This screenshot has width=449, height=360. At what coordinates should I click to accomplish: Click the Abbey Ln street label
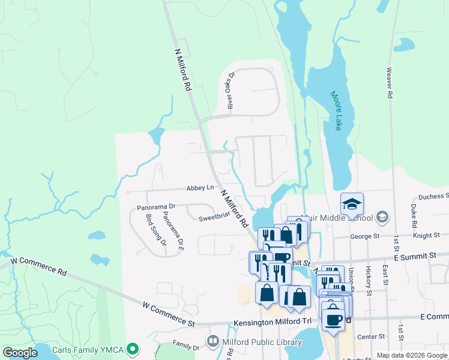pyautogui.click(x=200, y=188)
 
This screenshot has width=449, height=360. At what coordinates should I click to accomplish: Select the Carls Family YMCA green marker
pyautogui.click(x=137, y=349)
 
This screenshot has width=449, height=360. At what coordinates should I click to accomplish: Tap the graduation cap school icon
pyautogui.click(x=352, y=203)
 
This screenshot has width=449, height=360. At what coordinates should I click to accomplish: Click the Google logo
pyautogui.click(x=20, y=353)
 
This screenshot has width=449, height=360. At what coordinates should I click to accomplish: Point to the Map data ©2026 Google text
pyautogui.click(x=412, y=355)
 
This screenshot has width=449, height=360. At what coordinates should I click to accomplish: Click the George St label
pyautogui.click(x=365, y=236)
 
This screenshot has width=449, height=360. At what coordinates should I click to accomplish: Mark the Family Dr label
pyautogui.click(x=185, y=347)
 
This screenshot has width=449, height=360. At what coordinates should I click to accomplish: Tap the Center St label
pyautogui.click(x=370, y=337)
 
